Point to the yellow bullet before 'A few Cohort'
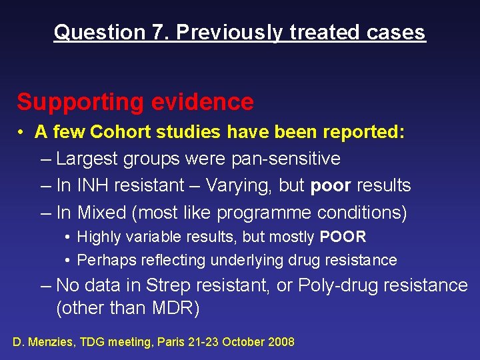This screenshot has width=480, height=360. pos(22,132)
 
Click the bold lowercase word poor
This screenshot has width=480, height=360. pos(331,185)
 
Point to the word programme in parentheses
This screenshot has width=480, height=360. pos(255,212)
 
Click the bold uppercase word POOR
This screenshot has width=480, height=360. pos(343,237)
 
